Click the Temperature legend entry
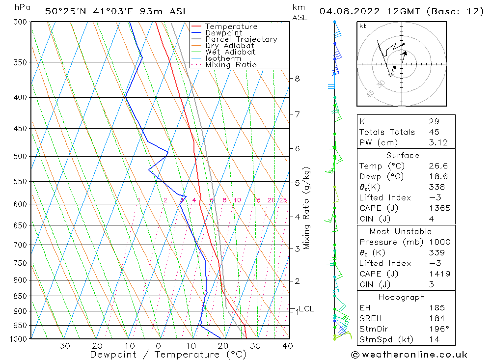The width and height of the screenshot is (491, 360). tap(231, 27)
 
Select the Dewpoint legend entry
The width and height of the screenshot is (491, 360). tap(223, 33)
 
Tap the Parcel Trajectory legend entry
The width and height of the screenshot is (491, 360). tap(241, 39)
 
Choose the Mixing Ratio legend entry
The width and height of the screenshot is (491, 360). tap(231, 65)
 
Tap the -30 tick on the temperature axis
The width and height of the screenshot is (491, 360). tap(61, 346)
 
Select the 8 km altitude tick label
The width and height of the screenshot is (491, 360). tap(298, 79)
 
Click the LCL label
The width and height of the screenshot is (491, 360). tap(306, 309)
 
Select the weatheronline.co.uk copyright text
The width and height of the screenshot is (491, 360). tap(409, 355)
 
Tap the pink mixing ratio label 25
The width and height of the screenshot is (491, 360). tap(283, 200)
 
